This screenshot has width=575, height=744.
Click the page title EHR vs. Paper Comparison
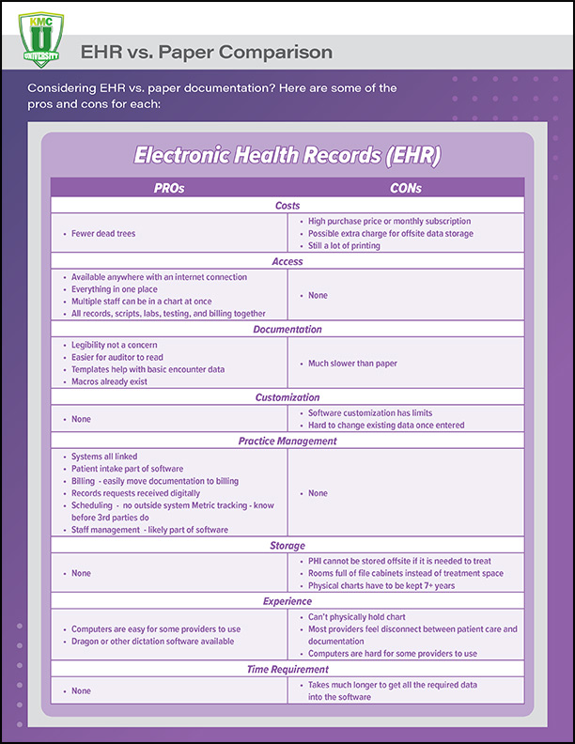206,52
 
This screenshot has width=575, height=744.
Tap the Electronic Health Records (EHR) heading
287,154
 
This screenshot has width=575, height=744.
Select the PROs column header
169,188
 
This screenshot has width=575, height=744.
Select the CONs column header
405,188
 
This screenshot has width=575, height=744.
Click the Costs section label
287,205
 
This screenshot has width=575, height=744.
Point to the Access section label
287,261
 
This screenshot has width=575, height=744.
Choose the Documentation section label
287,330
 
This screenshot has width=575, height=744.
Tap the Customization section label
287,397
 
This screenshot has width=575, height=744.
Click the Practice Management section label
287,440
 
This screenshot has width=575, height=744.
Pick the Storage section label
287,545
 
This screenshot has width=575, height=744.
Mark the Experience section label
287,601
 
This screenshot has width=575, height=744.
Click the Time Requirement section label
287,669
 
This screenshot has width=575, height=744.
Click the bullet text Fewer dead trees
103,233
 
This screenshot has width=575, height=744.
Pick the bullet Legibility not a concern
115,345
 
